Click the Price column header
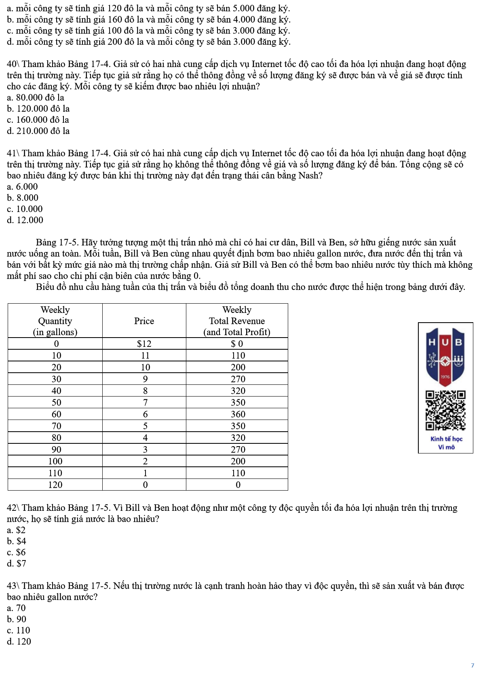(144, 321)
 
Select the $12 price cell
(144, 344)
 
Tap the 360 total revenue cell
(238, 414)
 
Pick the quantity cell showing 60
(56, 414)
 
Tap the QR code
(445, 410)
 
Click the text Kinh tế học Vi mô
(446, 443)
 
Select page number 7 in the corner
(472, 665)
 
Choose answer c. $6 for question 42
(17, 552)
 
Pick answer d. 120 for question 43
(19, 642)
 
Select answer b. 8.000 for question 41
(23, 198)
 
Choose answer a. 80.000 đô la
(36, 98)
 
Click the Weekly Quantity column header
(55, 321)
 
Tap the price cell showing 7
(145, 403)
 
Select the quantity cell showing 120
(55, 485)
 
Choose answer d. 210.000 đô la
(38, 131)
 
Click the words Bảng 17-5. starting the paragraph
(57, 243)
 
